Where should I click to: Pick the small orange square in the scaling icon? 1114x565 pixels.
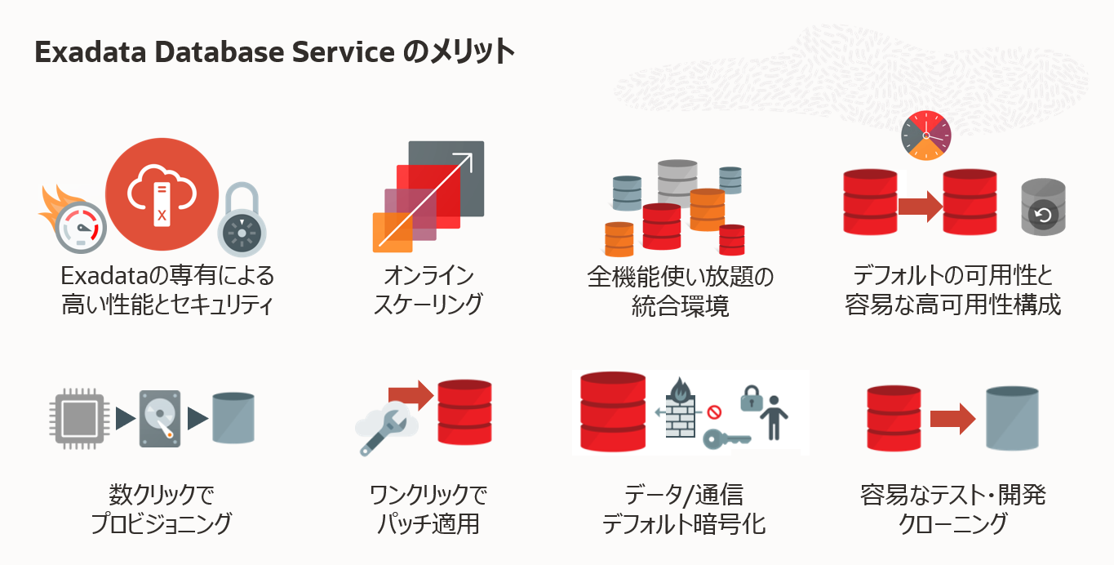point(391,232)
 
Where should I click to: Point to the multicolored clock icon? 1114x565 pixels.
point(926,136)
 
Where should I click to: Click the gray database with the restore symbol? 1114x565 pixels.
point(1043,208)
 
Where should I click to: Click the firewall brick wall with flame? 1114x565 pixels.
point(679,408)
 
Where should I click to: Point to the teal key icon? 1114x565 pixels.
point(726,439)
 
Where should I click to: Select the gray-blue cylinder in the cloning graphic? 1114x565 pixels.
point(1012,419)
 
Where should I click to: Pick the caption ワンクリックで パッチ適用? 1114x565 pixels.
point(428,509)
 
